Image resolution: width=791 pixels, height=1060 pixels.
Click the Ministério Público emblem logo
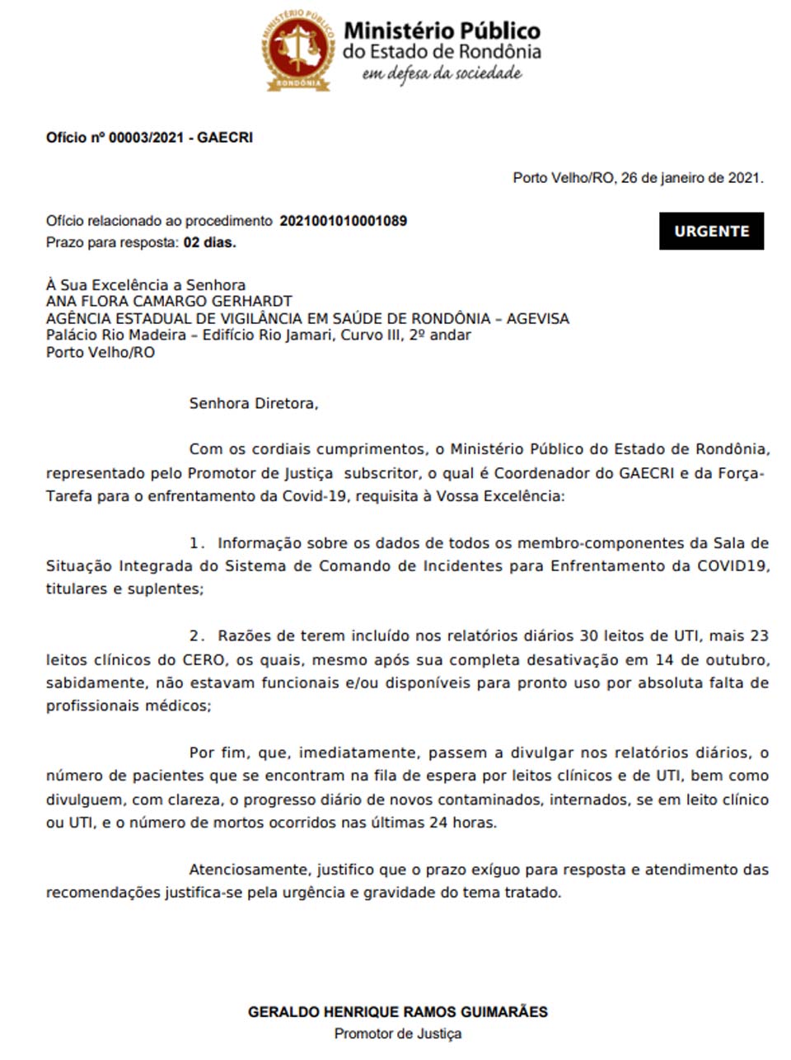click(x=298, y=50)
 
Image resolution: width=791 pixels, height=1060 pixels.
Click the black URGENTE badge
click(x=711, y=232)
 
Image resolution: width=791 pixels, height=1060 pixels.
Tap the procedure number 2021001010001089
click(x=343, y=221)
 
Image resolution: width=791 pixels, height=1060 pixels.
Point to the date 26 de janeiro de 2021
click(x=691, y=177)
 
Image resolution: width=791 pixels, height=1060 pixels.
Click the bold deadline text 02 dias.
click(x=209, y=242)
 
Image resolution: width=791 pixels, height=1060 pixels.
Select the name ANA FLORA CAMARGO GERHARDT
click(x=169, y=302)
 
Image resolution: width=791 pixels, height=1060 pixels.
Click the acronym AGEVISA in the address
click(x=537, y=319)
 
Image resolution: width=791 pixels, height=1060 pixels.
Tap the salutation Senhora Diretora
click(x=253, y=404)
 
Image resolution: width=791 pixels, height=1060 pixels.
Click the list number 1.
click(x=196, y=543)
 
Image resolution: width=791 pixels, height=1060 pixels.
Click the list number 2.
click(x=196, y=636)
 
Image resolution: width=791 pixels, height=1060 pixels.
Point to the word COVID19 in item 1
click(x=732, y=566)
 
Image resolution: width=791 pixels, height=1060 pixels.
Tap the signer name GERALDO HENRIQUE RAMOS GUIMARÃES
click(x=397, y=1012)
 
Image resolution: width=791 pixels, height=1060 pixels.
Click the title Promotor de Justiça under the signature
click(x=397, y=1034)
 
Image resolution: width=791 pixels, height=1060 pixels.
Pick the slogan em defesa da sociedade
click(x=442, y=74)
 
